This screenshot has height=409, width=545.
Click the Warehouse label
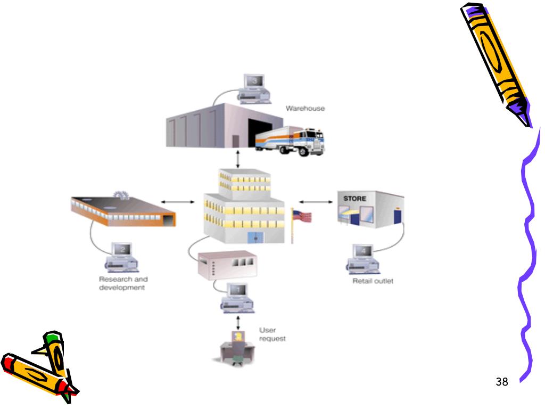[305, 109]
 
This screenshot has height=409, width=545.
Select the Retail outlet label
[373, 281]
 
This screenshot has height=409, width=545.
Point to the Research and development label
[123, 283]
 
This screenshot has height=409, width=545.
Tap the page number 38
[501, 381]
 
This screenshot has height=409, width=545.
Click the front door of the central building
[255, 239]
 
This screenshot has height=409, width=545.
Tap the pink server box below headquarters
[227, 265]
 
